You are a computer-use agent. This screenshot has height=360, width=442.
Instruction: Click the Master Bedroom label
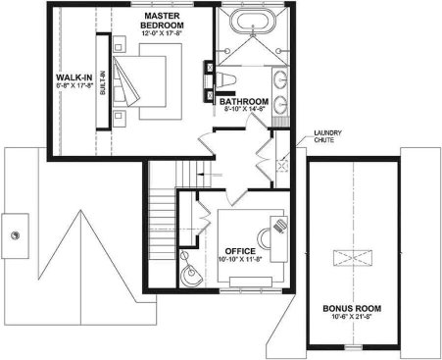click(162, 21)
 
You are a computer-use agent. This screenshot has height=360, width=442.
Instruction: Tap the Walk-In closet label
click(74, 77)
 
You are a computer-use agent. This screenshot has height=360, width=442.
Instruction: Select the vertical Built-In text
click(103, 82)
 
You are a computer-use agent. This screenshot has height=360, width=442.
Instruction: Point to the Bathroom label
click(244, 101)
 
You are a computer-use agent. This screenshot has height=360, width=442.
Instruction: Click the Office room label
click(240, 251)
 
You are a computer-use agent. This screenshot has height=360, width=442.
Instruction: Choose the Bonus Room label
click(352, 308)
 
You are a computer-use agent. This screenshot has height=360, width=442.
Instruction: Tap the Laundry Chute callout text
click(327, 136)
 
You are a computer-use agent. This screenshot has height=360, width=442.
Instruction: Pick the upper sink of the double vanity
click(280, 79)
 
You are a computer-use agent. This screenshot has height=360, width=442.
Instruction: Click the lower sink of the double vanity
click(280, 105)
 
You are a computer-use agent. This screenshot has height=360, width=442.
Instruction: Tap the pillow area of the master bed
click(119, 81)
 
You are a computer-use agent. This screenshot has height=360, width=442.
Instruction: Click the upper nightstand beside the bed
click(120, 44)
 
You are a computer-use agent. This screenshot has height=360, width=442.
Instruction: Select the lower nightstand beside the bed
click(120, 119)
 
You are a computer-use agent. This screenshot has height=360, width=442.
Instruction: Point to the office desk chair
click(264, 238)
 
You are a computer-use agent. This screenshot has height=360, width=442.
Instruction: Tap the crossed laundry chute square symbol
click(282, 166)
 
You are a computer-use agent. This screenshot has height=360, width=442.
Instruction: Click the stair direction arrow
click(211, 174)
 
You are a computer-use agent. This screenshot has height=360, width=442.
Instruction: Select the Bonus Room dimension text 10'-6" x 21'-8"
click(352, 317)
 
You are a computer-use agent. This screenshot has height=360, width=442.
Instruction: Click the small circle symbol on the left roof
click(15, 235)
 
